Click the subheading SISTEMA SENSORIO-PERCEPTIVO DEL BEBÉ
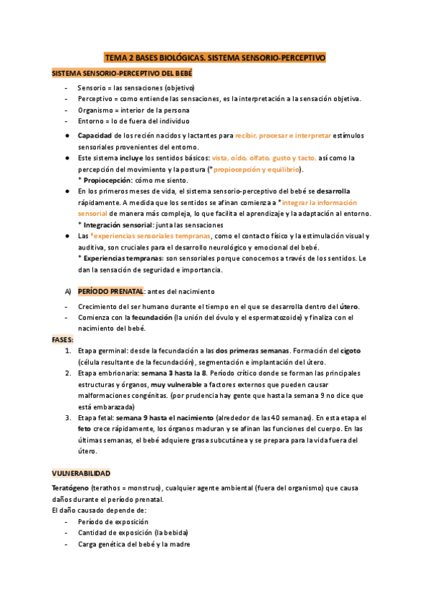(x=122, y=74)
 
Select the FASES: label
(x=63, y=339)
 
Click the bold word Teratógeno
(x=72, y=488)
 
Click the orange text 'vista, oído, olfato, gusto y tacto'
(x=264, y=158)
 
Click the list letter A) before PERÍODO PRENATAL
(x=68, y=291)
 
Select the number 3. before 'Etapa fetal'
(x=67, y=418)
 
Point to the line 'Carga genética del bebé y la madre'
(x=133, y=544)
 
